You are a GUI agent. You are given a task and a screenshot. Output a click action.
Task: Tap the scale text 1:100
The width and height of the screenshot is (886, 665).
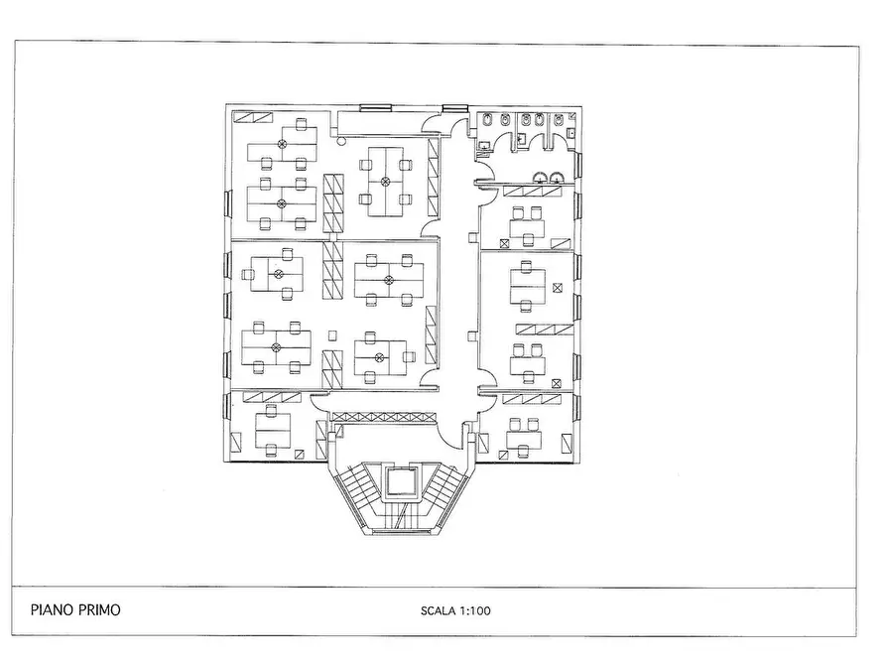click(475, 610)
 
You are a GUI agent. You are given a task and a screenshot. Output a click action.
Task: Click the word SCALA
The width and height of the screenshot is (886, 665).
click(438, 610)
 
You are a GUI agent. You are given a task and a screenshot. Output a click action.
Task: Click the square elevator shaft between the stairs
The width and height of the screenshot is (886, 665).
click(401, 482)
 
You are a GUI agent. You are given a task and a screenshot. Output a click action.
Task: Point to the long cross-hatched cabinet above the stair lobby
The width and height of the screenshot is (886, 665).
click(385, 417)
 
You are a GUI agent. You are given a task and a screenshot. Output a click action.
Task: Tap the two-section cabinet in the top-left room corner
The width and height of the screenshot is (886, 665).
click(253, 118)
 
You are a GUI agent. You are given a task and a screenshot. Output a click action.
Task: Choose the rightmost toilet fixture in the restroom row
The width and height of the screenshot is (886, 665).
click(559, 120)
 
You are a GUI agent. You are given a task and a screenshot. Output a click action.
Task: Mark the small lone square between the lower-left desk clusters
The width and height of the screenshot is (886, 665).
click(332, 335)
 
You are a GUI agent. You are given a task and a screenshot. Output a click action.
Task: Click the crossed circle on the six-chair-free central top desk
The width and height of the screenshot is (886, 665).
click(385, 182)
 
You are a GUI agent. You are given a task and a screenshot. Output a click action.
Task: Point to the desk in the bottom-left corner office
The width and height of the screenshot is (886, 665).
click(273, 430)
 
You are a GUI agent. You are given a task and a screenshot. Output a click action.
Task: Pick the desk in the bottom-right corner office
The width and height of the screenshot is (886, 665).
click(524, 439)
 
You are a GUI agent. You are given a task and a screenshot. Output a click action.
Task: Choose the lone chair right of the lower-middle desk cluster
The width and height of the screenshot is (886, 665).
click(410, 356)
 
